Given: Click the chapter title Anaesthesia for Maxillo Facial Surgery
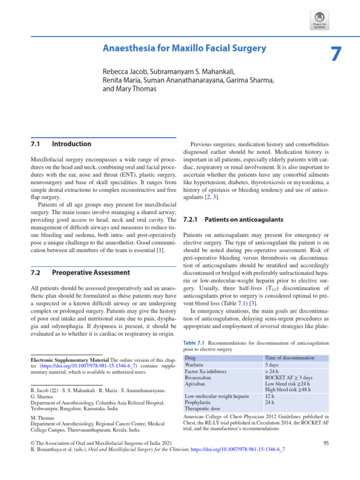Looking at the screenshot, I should (x=184, y=48).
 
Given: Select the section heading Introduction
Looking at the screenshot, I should (x=72, y=144).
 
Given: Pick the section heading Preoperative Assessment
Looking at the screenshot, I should (x=91, y=272).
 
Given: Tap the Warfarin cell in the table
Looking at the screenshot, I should (x=195, y=364).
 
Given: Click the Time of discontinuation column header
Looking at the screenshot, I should (x=290, y=358).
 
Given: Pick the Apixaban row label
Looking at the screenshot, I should (x=196, y=383).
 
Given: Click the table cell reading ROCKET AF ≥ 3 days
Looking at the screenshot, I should (x=289, y=377).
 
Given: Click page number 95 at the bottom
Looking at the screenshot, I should (x=327, y=442).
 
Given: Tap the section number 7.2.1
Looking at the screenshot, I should (x=191, y=219).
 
